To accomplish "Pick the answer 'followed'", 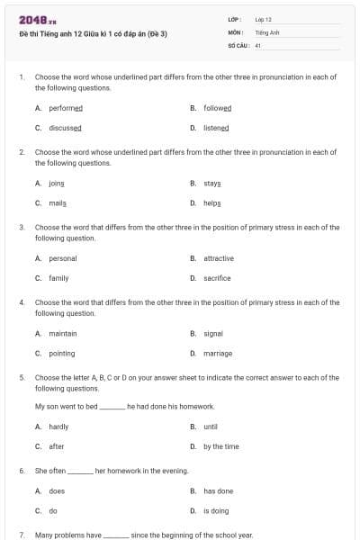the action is click(x=217, y=108).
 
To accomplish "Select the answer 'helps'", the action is click(x=212, y=203).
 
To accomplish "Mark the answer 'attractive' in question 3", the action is click(x=219, y=258).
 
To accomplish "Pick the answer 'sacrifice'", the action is click(x=217, y=278).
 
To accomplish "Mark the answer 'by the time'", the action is click(x=220, y=446).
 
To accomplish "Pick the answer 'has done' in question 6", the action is click(x=218, y=491).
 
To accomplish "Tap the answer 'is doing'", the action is click(x=216, y=511).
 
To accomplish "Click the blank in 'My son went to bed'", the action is click(x=112, y=407).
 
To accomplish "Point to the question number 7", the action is click(x=22, y=535).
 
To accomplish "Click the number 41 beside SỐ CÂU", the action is click(x=258, y=44).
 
